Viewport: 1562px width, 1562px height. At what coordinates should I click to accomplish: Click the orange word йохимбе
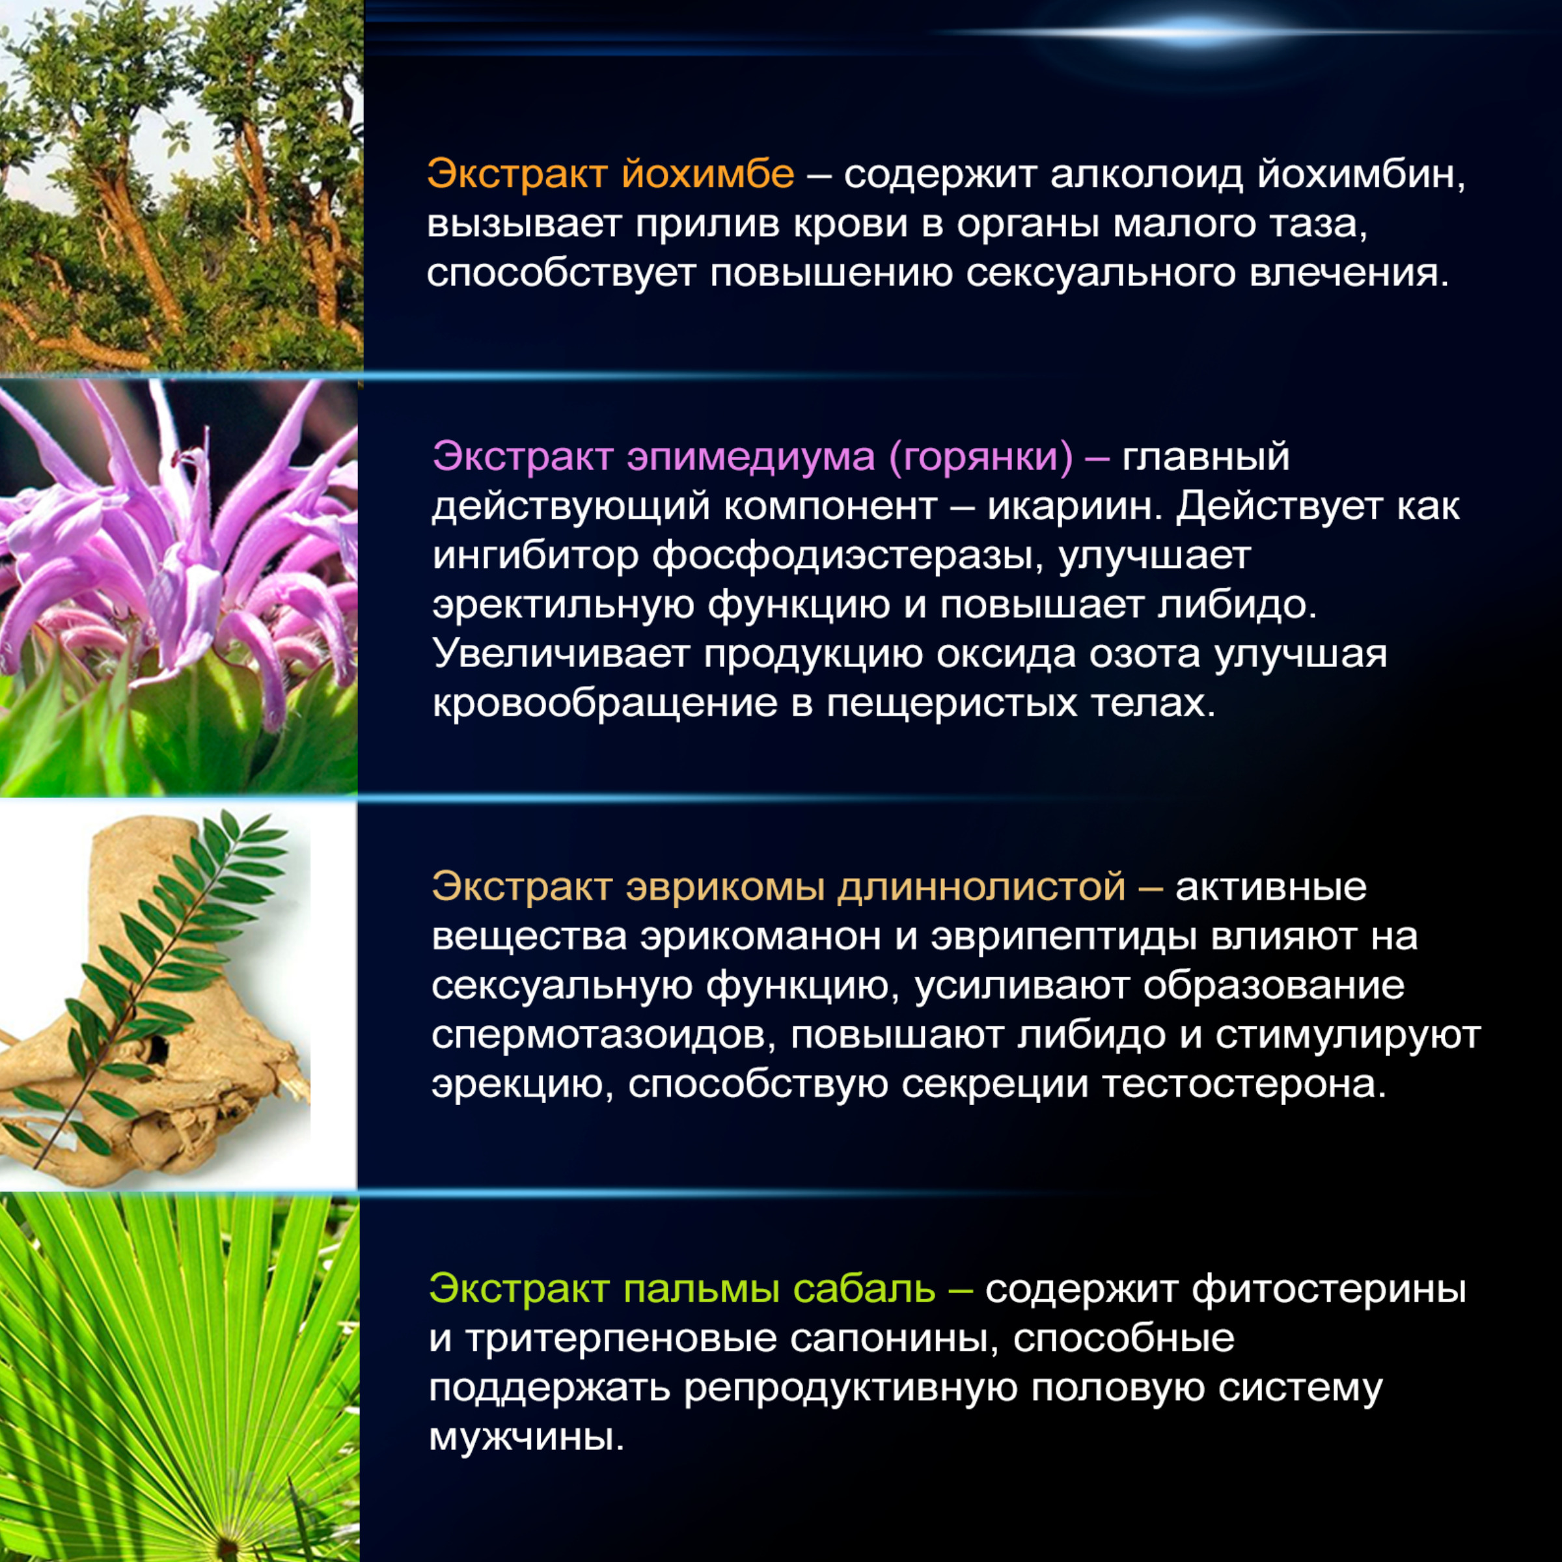pos(708,174)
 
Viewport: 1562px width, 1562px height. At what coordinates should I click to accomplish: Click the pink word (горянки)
pos(981,458)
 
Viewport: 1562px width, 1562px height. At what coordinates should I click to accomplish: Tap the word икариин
pos(1075,507)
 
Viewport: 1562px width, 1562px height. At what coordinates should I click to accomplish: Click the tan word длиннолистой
pos(981,887)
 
